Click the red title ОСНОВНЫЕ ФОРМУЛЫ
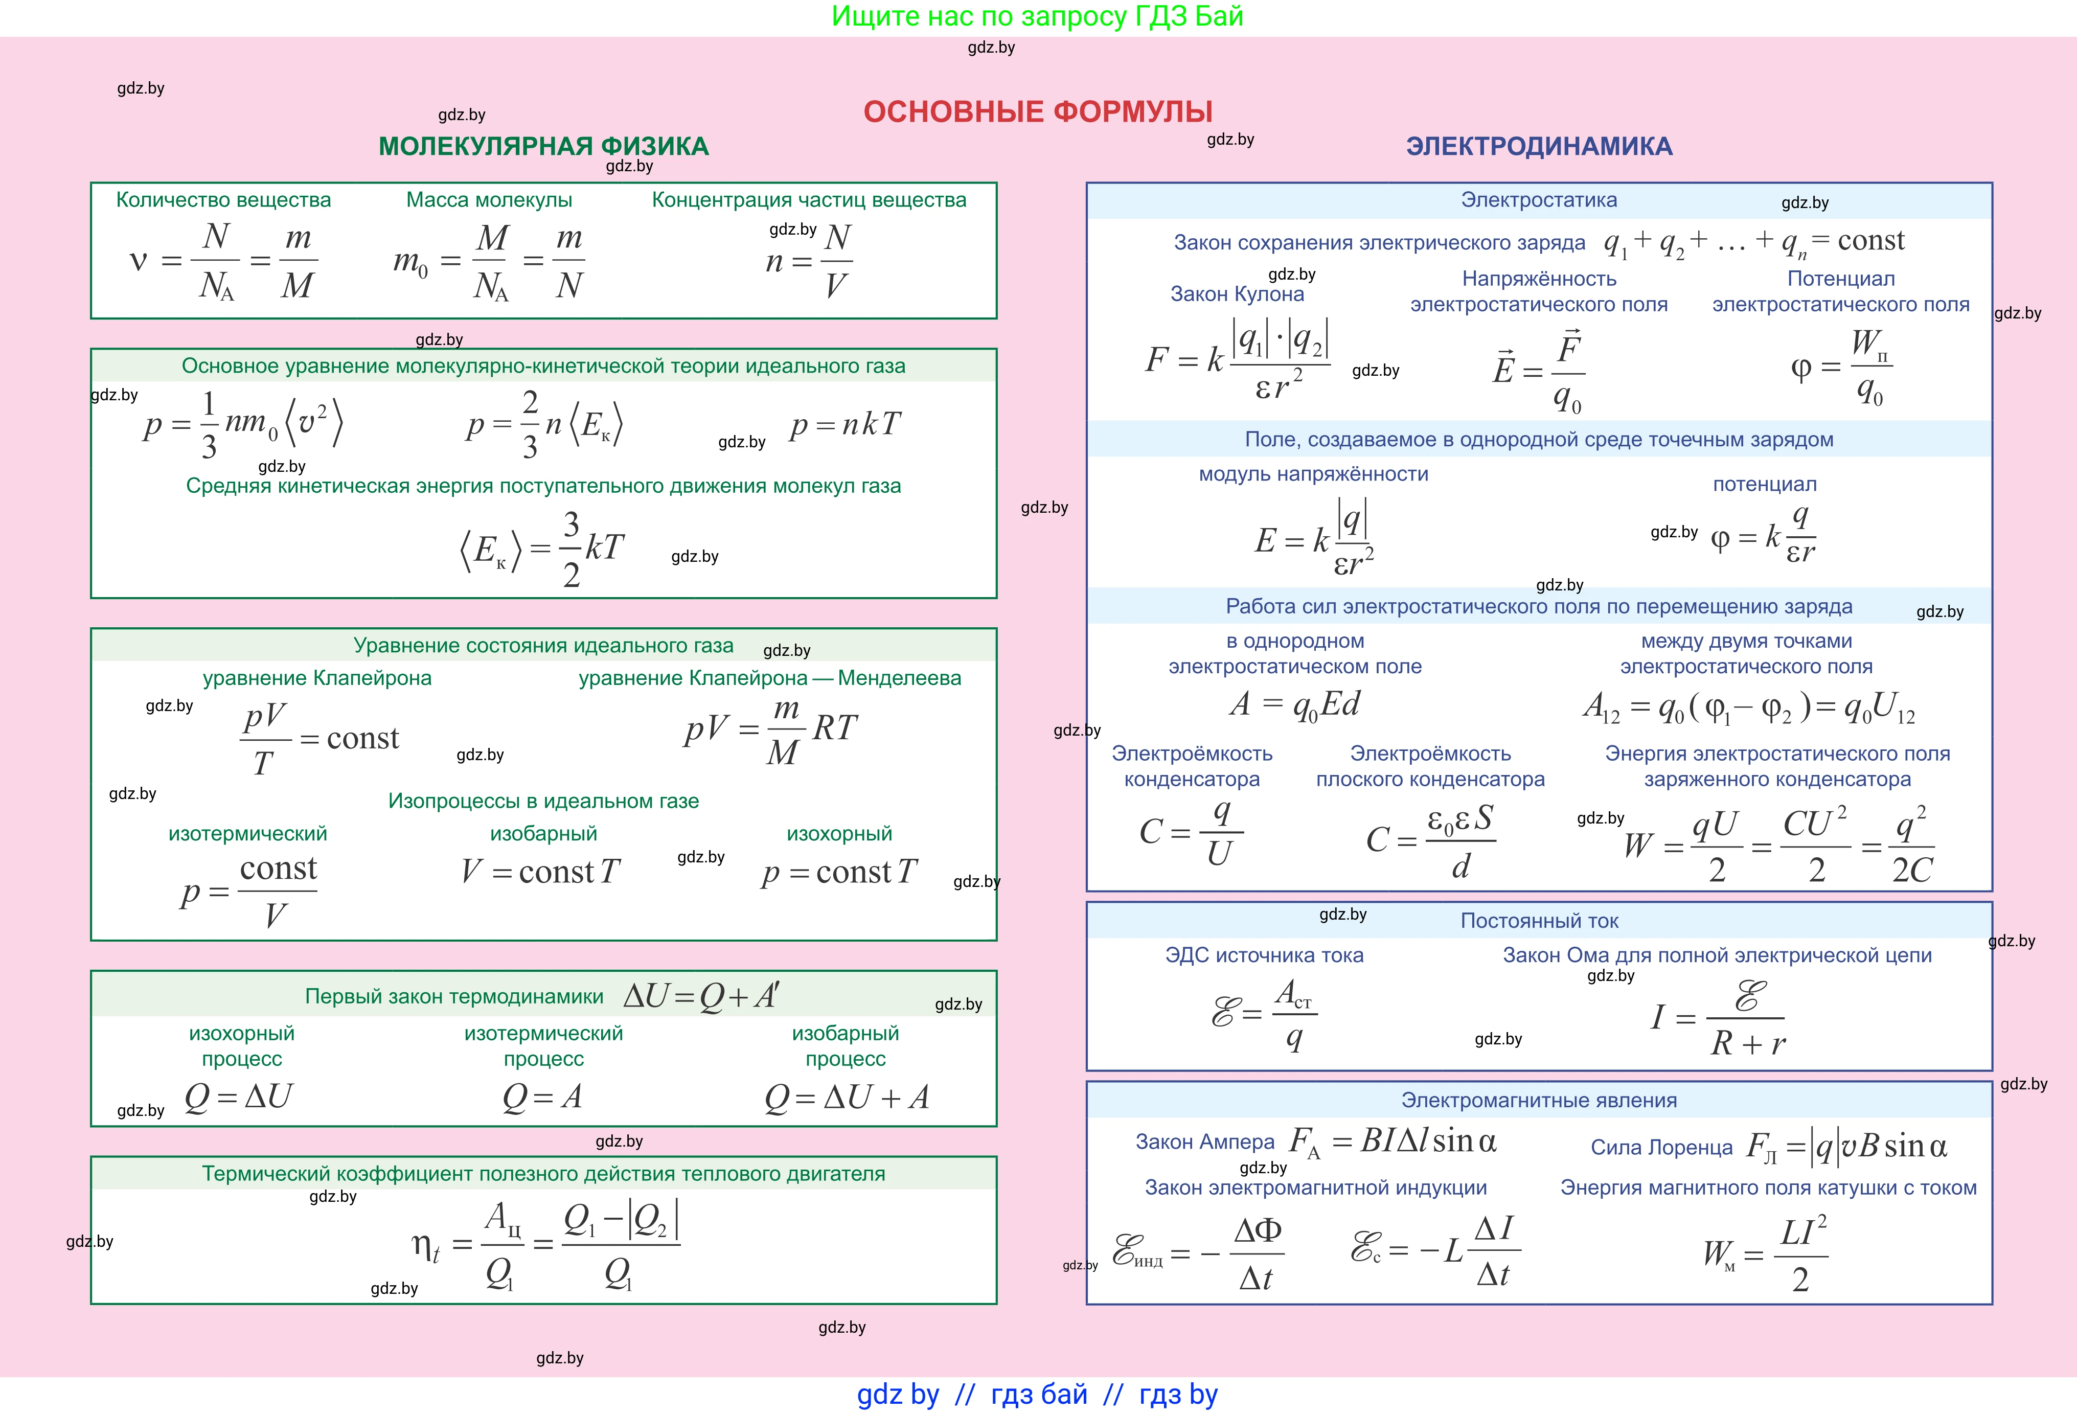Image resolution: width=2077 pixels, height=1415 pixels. pos(1038,112)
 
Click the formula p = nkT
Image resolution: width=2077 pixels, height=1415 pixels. pos(845,425)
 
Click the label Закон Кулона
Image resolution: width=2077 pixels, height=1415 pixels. pos(1237,294)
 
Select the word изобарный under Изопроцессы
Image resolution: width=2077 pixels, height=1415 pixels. pos(543,834)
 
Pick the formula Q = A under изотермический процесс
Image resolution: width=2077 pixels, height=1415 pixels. pos(542,1097)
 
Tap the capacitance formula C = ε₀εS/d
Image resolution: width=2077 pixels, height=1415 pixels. pos(1430,841)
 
